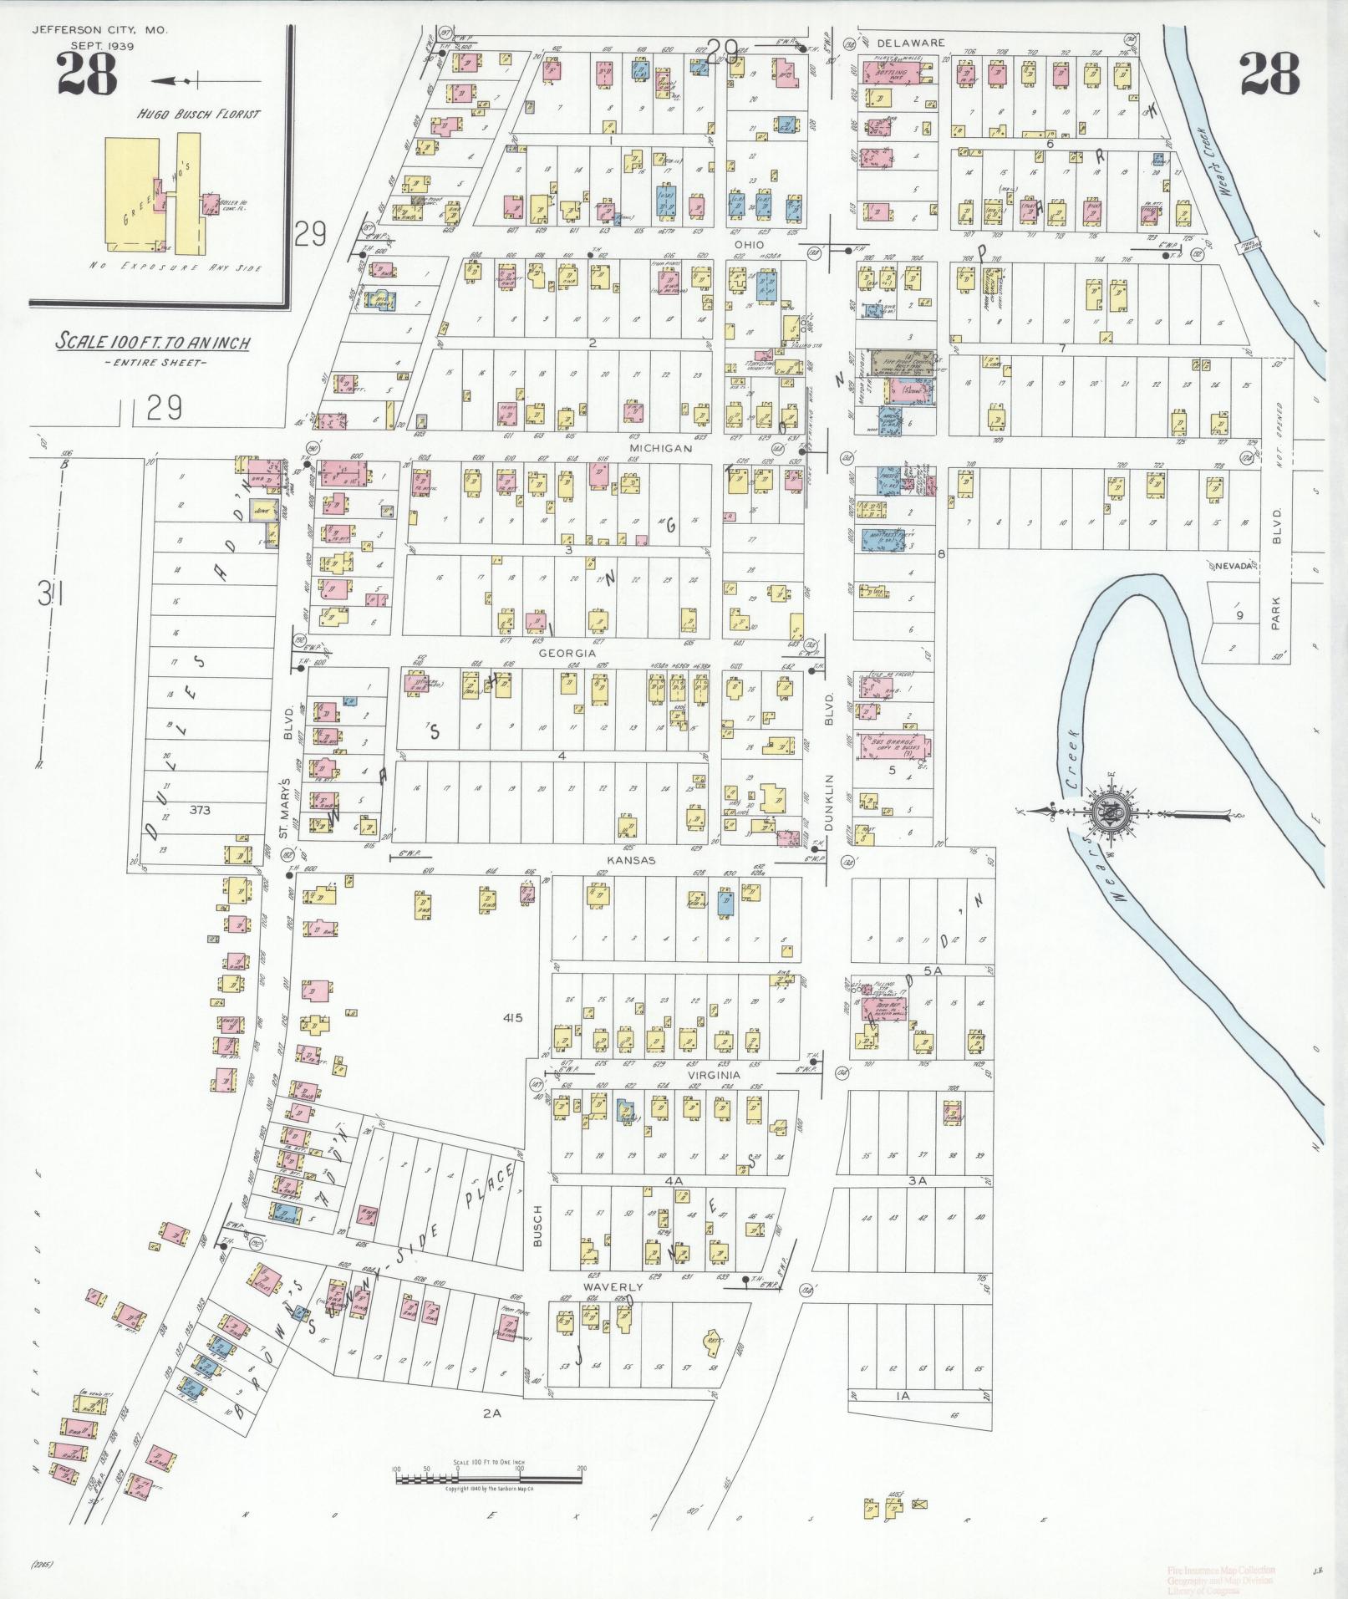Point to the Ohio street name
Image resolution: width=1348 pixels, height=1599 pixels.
pos(749,245)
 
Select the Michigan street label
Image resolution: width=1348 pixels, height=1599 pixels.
pos(660,449)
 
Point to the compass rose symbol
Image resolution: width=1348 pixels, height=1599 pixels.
pos(1109,811)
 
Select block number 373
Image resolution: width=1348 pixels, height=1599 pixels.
pos(200,809)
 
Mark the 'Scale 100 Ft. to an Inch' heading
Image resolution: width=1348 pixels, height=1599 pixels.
pos(153,342)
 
